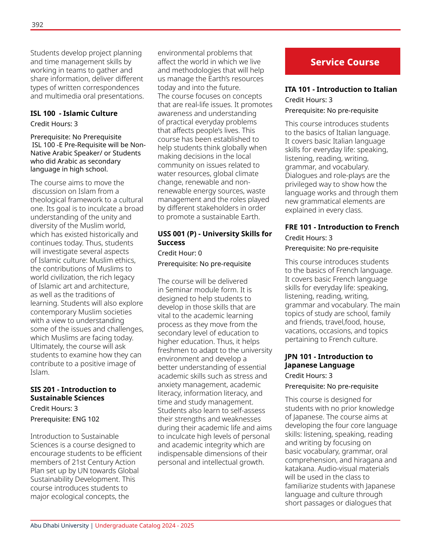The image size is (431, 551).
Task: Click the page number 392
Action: point(37,25)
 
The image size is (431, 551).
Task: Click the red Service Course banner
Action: point(343,61)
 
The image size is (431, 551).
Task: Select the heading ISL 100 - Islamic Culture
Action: point(74,113)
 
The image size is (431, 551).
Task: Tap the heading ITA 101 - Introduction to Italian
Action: point(341,89)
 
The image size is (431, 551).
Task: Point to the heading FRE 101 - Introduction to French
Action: point(342,227)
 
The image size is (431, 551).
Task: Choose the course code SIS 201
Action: point(43,390)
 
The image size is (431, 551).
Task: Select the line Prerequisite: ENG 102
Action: point(65,419)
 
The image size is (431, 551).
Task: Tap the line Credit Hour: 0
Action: point(180,253)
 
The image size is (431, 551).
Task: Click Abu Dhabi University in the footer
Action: point(59,526)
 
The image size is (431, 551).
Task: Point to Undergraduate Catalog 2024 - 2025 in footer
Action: point(144,526)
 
